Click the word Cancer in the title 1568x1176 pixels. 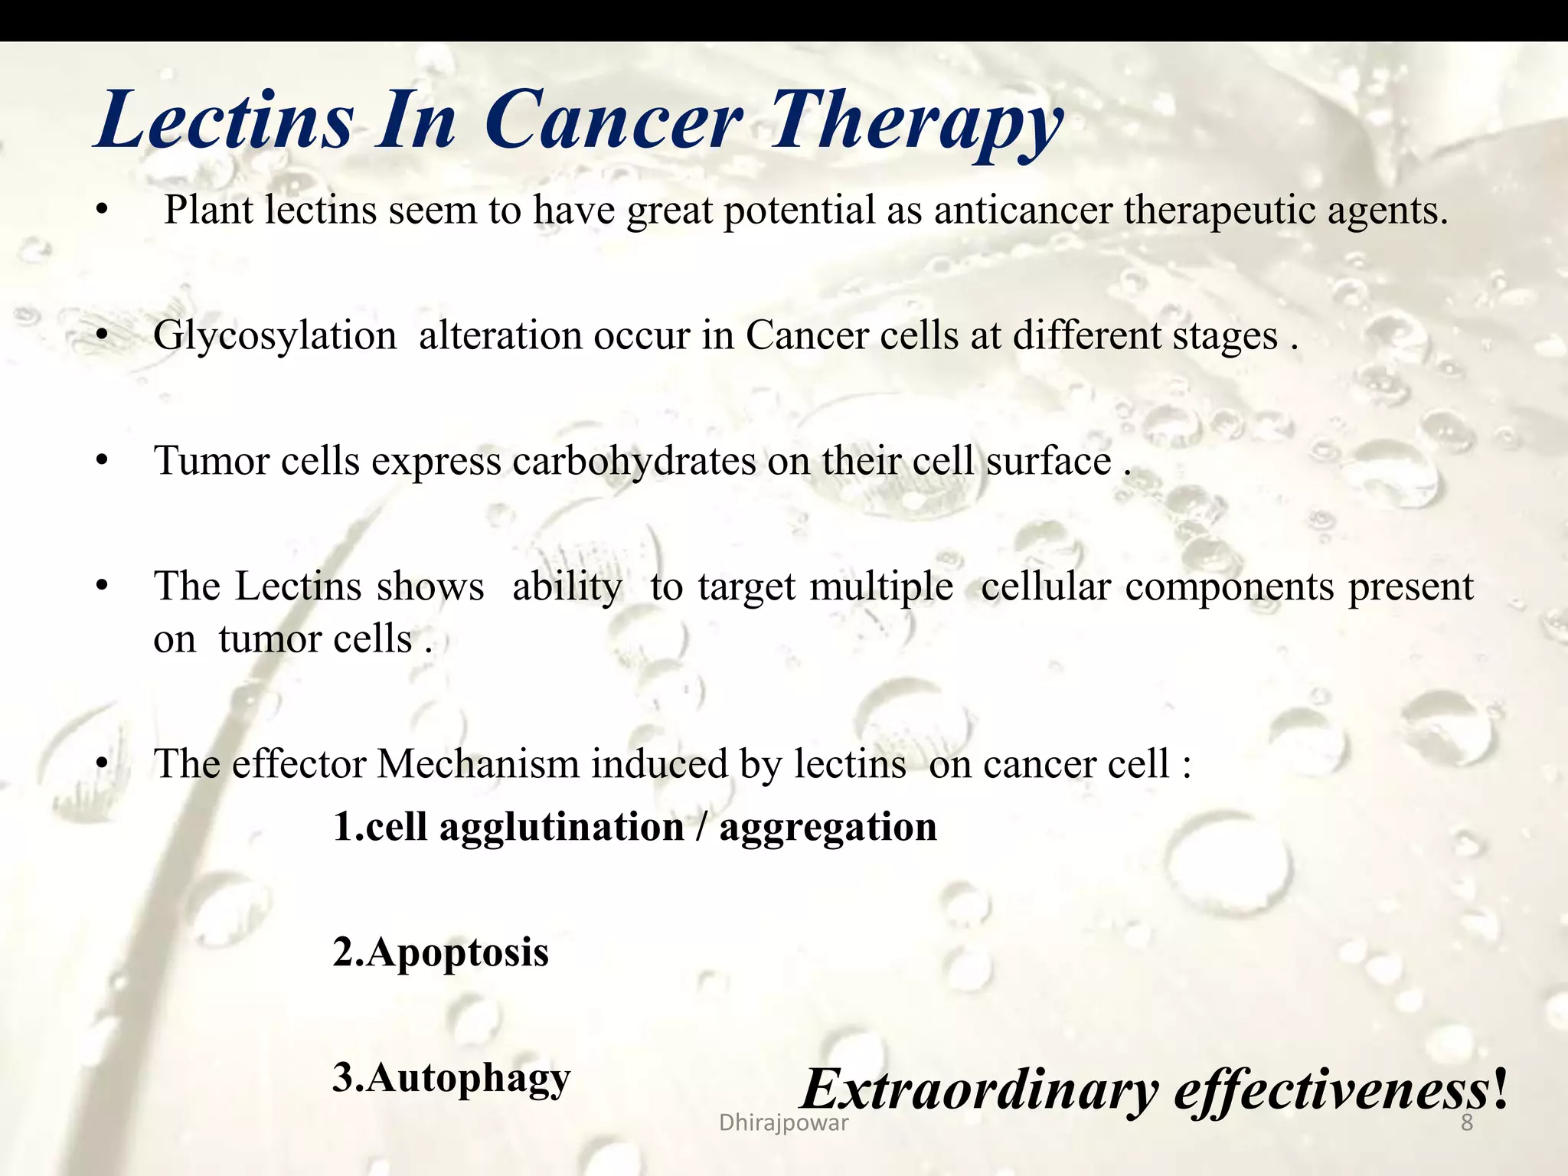613,121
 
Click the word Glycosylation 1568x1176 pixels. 275,337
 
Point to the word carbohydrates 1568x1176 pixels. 633,462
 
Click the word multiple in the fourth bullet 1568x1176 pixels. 880,587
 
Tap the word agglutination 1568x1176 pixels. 561,828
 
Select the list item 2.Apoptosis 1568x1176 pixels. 440,953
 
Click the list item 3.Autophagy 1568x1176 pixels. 451,1079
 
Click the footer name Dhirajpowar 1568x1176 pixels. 783,1123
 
